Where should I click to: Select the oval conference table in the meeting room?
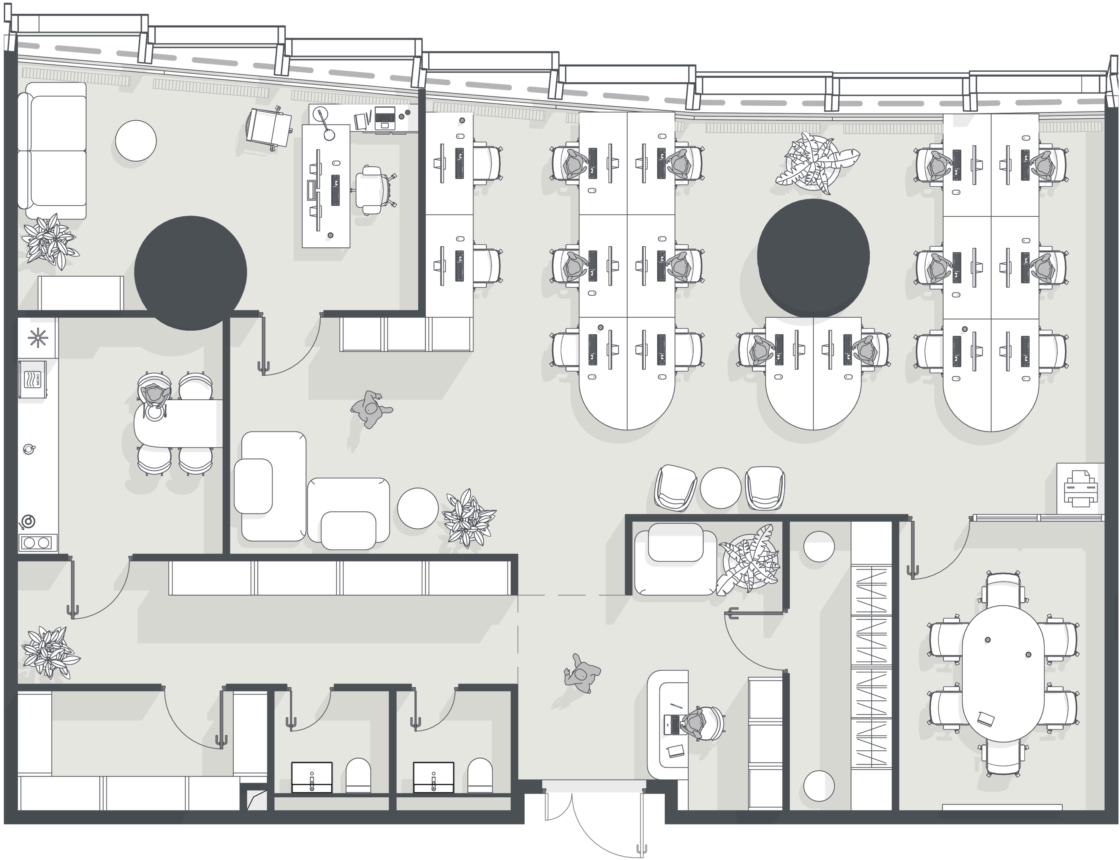tap(1003, 674)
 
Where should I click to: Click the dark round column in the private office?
tap(191, 273)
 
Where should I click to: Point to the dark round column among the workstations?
tap(813, 257)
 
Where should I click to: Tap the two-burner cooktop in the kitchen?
tap(37, 543)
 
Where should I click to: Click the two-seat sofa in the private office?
tap(52, 151)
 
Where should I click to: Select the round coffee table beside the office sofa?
tap(136, 141)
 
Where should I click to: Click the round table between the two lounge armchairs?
tap(720, 488)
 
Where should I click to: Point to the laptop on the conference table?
tap(986, 719)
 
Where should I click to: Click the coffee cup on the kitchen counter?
tap(29, 449)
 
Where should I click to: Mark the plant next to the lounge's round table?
tap(469, 518)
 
